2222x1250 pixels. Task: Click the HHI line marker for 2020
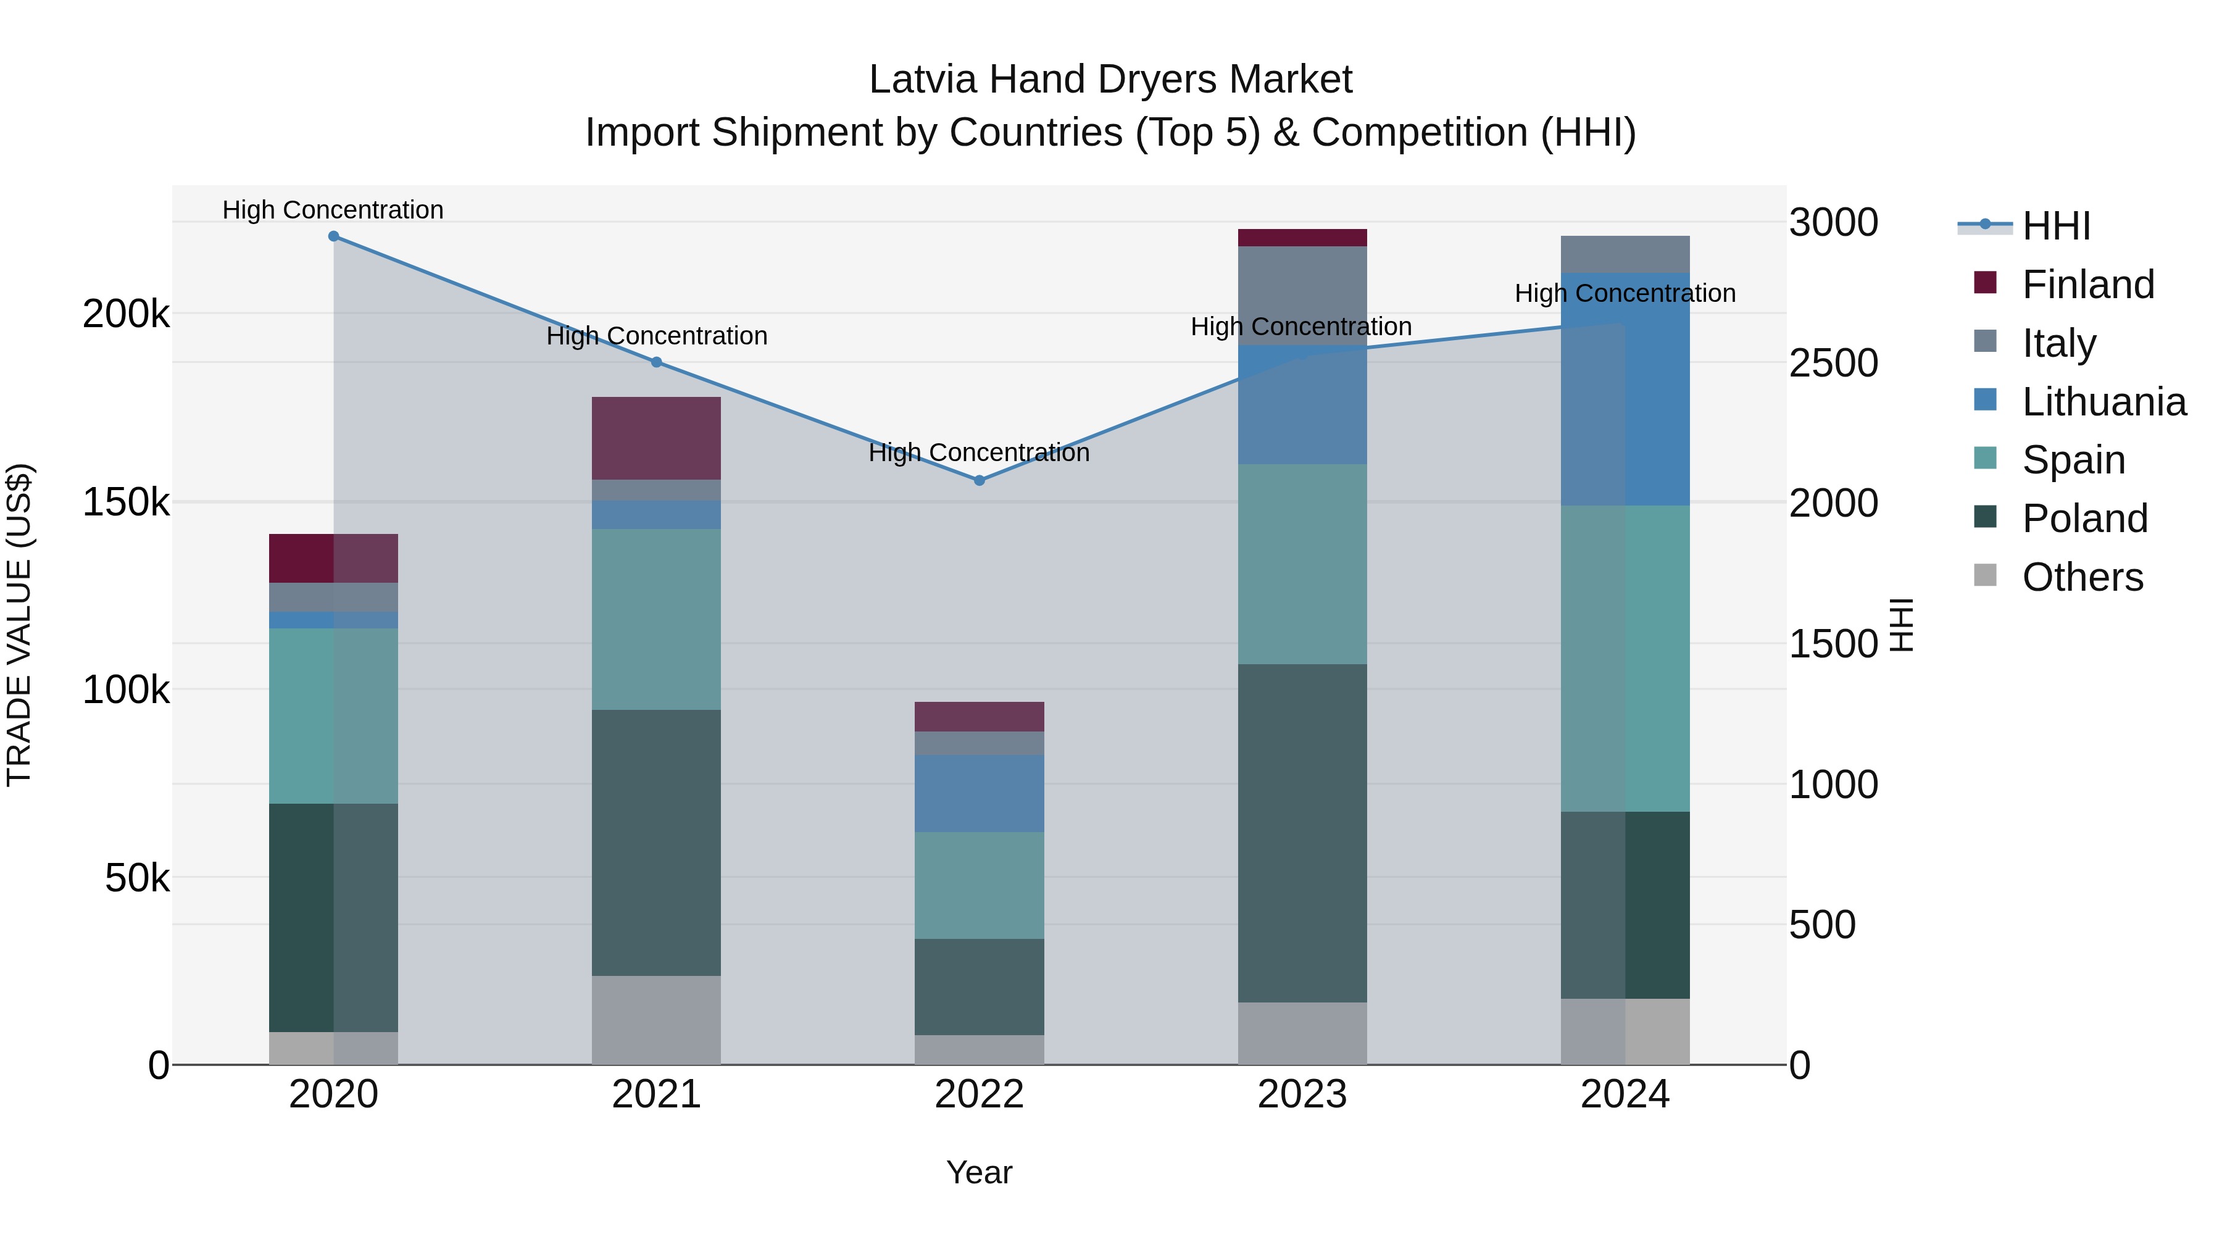coord(334,236)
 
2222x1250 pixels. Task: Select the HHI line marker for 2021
coord(657,362)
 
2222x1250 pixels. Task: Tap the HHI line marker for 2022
coord(979,480)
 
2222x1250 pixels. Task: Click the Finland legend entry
coord(2087,285)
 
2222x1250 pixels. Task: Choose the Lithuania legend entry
coord(2103,402)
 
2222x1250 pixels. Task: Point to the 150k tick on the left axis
coord(126,502)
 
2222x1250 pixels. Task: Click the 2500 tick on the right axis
coord(1833,363)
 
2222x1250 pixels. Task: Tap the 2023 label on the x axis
coord(1302,1094)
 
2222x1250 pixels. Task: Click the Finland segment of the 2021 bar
coord(657,438)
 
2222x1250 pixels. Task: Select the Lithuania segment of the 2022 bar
coord(979,794)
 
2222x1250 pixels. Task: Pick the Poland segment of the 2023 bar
coord(1302,833)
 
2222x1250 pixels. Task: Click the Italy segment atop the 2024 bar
coord(1625,254)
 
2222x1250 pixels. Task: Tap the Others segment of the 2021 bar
coord(657,1020)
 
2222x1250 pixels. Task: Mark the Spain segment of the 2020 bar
coord(334,716)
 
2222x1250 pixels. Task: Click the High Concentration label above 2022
coord(979,453)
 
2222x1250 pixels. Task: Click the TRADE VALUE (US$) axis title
coord(20,625)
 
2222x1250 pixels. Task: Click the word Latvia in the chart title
coord(923,80)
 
